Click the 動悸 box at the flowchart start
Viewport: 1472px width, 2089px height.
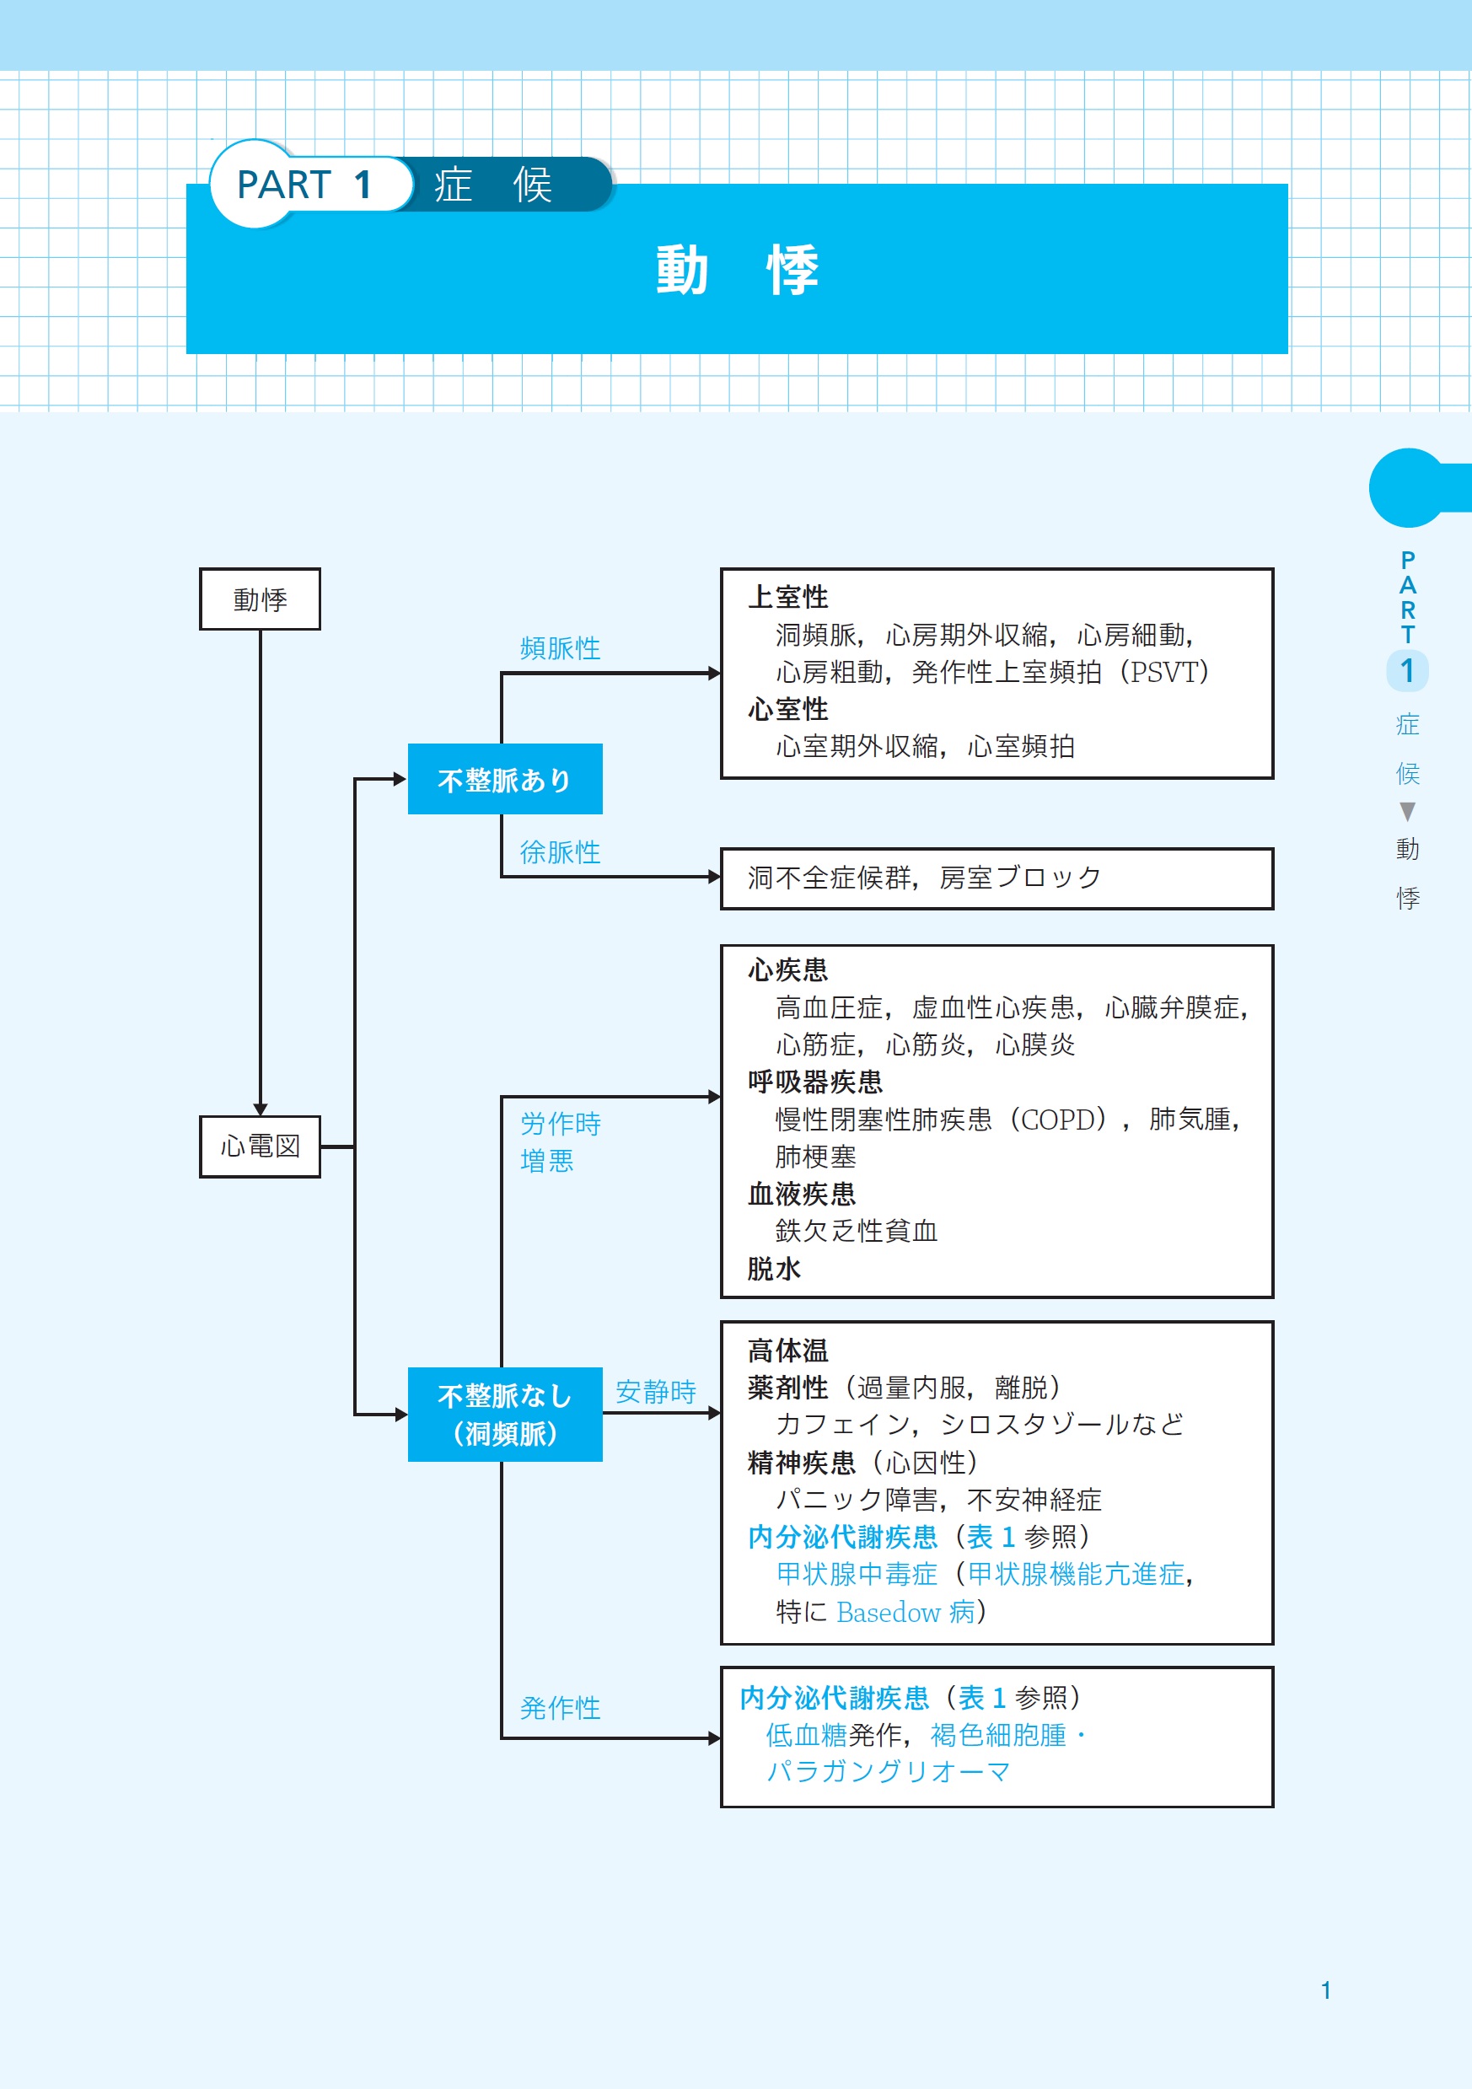tap(261, 599)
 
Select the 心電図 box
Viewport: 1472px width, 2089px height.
tap(261, 1147)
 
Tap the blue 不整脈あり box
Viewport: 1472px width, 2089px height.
tap(505, 780)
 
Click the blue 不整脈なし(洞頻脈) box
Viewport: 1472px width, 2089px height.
tap(505, 1415)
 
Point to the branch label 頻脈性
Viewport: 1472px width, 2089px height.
tap(560, 647)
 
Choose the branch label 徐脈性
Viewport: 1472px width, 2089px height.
tap(560, 851)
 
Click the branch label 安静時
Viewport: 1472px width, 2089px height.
tap(655, 1391)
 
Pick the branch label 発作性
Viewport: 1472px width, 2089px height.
tap(560, 1708)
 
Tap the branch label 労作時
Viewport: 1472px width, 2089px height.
tap(560, 1124)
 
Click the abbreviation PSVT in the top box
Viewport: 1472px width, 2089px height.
tap(1163, 673)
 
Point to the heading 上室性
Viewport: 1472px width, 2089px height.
tap(788, 597)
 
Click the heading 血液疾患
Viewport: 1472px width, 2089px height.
tap(802, 1194)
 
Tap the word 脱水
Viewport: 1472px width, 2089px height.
tap(774, 1268)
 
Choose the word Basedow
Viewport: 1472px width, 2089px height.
tap(888, 1612)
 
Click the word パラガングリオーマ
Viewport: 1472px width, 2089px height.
tap(888, 1771)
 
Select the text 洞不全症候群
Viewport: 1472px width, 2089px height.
tap(829, 878)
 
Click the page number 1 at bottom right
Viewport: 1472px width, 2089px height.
tap(1325, 1990)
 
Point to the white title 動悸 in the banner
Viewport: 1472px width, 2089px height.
tap(737, 271)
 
